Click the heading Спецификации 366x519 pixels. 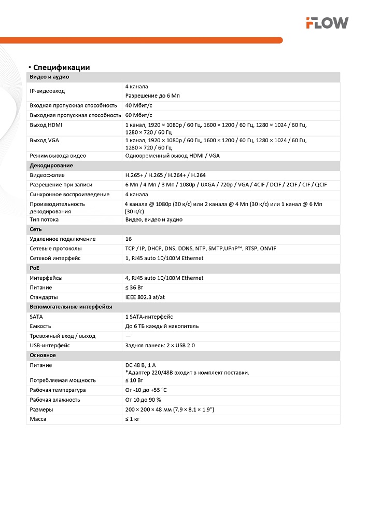[61, 67]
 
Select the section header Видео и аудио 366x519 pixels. [49, 77]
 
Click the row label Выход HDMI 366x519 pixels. [46, 125]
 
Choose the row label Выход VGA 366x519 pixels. [45, 140]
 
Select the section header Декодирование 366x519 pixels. [51, 166]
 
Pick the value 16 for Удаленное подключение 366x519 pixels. [129, 239]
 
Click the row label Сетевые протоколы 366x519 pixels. [55, 249]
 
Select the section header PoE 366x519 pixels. [35, 268]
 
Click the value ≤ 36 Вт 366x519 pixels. [135, 288]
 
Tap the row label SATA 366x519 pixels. [36, 317]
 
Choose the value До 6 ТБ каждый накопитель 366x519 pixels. [162, 326]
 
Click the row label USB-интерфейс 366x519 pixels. [50, 345]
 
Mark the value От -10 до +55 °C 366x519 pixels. [146, 390]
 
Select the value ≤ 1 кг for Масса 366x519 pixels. [133, 419]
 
